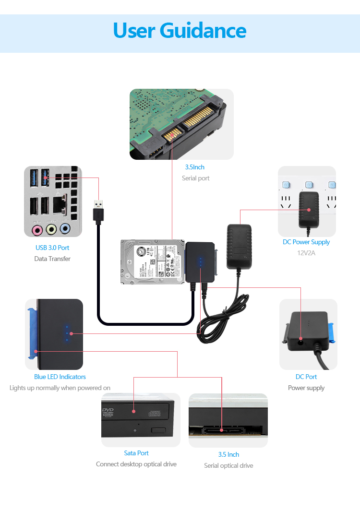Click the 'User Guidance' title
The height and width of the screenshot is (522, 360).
180,30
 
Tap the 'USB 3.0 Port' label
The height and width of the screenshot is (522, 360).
52,248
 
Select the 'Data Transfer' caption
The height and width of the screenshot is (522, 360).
52,259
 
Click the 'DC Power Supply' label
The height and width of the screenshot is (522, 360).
306,242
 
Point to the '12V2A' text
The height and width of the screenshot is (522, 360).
306,253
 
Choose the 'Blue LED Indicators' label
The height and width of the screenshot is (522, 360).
60,377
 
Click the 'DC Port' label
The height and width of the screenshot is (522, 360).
306,377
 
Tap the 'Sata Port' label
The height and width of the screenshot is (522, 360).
136,453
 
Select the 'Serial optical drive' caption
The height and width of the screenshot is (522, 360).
228,465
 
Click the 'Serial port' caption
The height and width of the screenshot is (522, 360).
195,178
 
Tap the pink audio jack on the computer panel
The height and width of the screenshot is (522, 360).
37,230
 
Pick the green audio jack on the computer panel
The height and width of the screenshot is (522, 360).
51,229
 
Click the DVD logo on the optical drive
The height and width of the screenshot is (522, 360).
109,412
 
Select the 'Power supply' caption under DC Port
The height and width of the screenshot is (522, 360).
306,388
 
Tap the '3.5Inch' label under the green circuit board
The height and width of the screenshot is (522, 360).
195,167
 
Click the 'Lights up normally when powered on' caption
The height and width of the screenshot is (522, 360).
60,388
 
